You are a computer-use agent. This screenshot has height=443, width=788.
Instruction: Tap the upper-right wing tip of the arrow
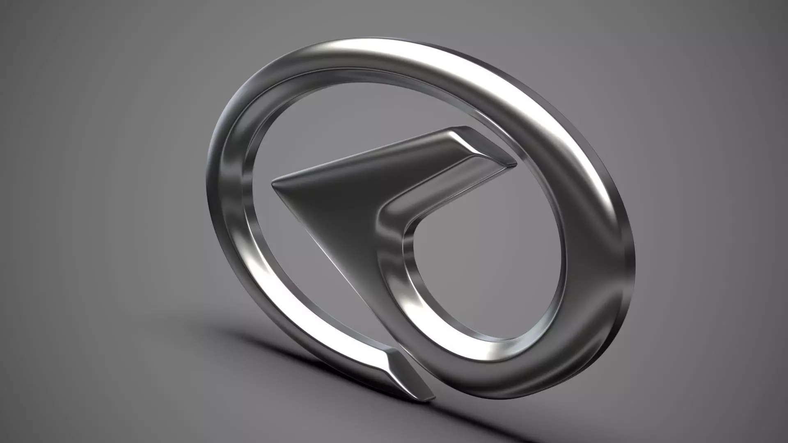click(x=513, y=163)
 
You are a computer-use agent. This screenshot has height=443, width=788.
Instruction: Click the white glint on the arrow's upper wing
click(x=472, y=144)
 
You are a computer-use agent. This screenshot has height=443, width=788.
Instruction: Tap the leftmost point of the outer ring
click(x=207, y=185)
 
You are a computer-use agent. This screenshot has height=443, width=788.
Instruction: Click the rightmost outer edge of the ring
click(x=634, y=263)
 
